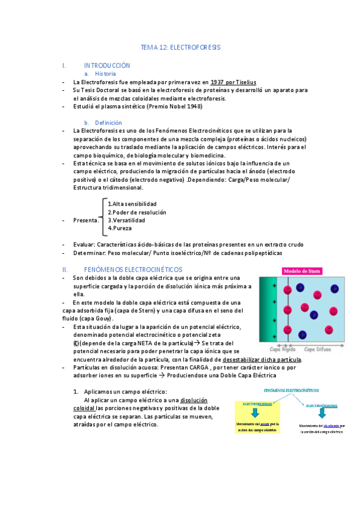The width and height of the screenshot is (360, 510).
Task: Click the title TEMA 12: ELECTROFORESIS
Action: (180, 46)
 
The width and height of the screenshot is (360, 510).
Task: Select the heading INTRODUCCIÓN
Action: (107, 65)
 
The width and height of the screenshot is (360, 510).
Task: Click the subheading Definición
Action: (108, 122)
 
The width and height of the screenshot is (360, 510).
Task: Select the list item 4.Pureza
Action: (119, 228)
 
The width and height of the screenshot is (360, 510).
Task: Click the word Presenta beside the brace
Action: (86, 220)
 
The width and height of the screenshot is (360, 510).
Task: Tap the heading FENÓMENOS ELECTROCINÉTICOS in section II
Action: (133, 269)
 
